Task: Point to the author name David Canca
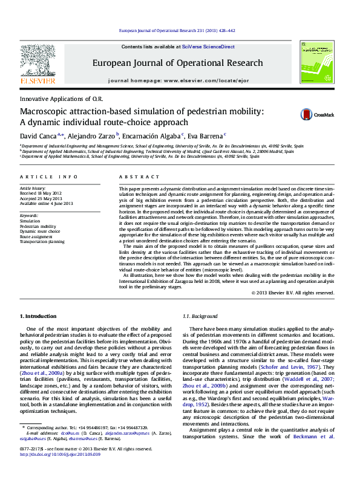(38, 136)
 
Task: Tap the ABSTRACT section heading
(132, 177)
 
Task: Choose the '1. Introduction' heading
(39, 317)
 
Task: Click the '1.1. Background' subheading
(200, 317)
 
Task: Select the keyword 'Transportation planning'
(42, 241)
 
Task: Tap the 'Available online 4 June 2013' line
(46, 203)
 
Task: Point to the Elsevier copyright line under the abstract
(292, 293)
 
